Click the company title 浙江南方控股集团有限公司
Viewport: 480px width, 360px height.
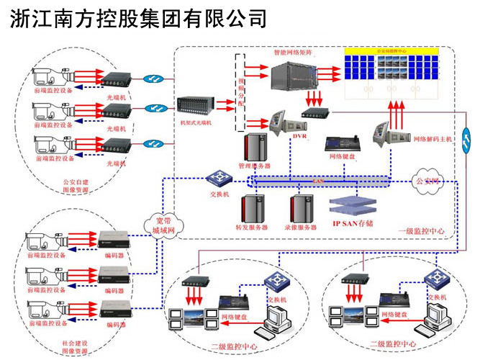click(x=139, y=18)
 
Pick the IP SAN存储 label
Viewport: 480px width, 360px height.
click(x=356, y=223)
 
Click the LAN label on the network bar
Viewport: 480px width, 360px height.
click(x=317, y=181)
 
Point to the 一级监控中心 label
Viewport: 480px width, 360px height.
click(x=421, y=232)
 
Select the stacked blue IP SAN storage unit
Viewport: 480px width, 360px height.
click(x=355, y=204)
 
